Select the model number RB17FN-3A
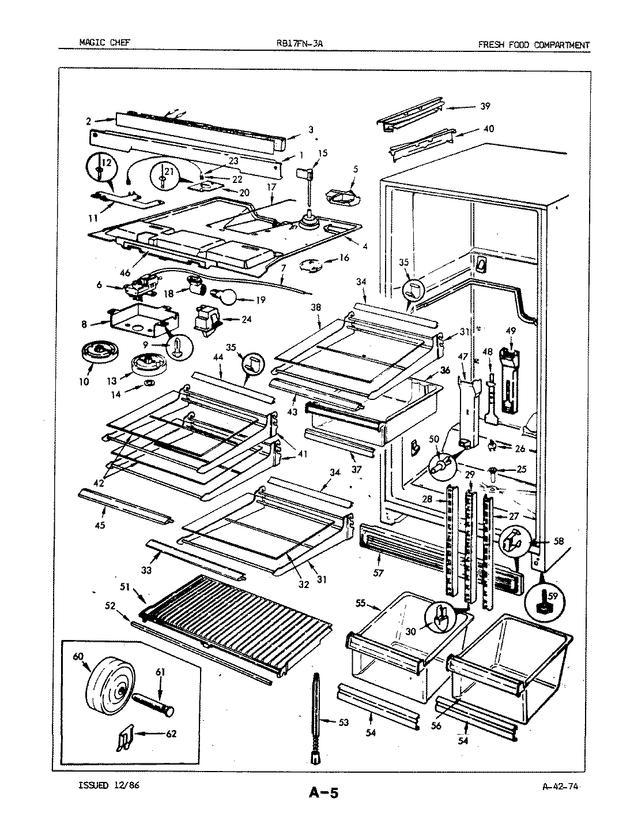click(x=304, y=44)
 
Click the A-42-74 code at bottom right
click(x=560, y=785)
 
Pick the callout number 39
click(x=485, y=106)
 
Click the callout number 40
click(x=488, y=129)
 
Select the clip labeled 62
click(x=123, y=738)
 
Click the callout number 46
click(x=125, y=274)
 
